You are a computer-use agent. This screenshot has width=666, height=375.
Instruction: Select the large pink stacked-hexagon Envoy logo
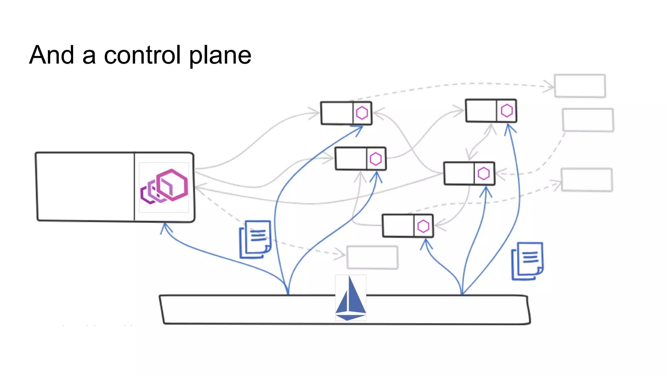(x=164, y=187)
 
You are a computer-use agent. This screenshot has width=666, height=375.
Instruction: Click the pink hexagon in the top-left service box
(x=362, y=113)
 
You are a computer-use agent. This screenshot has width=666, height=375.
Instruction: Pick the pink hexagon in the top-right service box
(x=507, y=111)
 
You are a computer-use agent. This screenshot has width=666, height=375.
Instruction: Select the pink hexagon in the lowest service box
(x=423, y=226)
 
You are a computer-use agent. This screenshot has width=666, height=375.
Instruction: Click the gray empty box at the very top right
(x=580, y=86)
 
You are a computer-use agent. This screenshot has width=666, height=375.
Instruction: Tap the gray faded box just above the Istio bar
(x=372, y=257)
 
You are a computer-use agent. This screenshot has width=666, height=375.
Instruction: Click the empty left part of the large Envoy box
(x=85, y=187)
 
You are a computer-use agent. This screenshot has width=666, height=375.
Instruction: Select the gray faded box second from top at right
(x=588, y=120)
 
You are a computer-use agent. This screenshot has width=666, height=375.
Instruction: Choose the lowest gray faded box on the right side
(x=587, y=179)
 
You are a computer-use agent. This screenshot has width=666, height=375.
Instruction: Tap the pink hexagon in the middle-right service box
(x=484, y=174)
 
